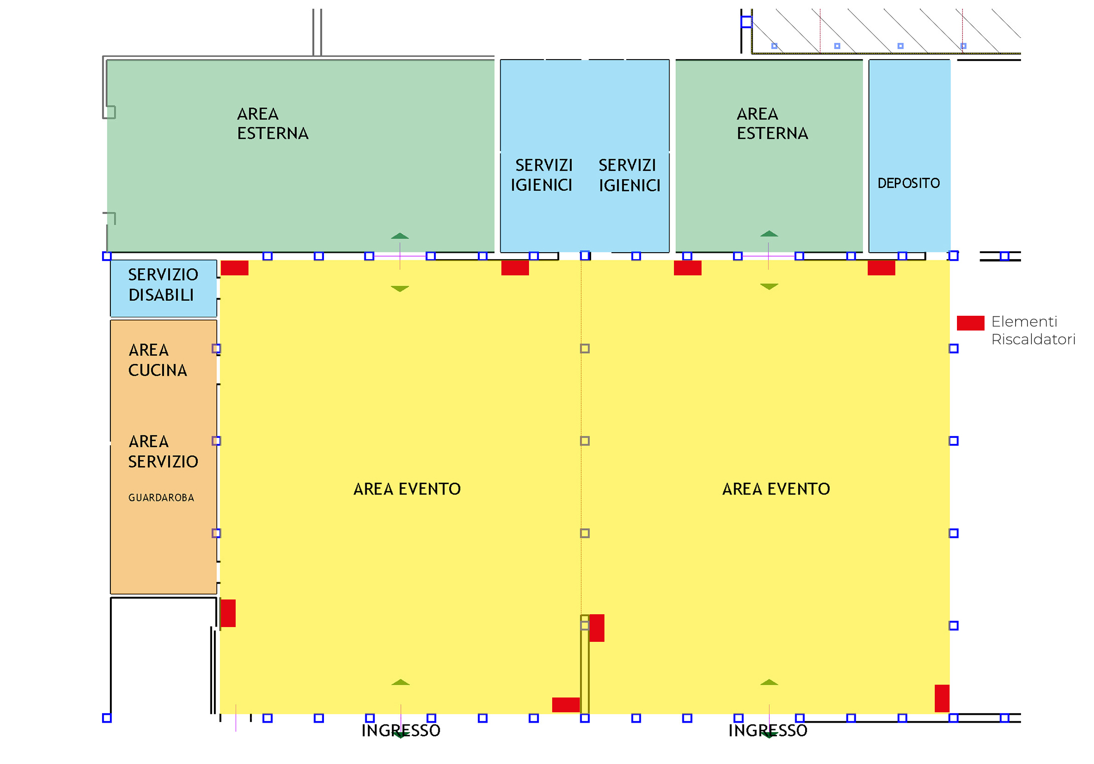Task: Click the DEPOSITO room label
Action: (x=908, y=183)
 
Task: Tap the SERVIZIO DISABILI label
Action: (x=163, y=285)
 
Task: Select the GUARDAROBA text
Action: (x=161, y=498)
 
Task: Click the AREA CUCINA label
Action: (x=157, y=360)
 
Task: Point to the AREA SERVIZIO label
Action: (x=163, y=451)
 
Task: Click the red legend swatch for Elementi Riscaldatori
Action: (x=970, y=323)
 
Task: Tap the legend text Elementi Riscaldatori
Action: (x=1033, y=331)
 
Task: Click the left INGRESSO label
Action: (x=401, y=731)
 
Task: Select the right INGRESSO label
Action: (x=768, y=731)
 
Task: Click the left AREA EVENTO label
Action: (x=407, y=489)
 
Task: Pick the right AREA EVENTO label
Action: (x=776, y=489)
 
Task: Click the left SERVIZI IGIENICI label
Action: (x=541, y=175)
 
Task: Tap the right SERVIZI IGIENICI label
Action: (x=629, y=175)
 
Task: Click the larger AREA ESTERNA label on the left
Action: (x=273, y=124)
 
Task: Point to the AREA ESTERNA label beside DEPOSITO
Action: (x=772, y=124)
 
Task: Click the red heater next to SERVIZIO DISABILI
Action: (x=234, y=268)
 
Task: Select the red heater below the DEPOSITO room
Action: (x=881, y=268)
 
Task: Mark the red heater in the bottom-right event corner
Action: (x=942, y=698)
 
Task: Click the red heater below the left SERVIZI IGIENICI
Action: (x=515, y=268)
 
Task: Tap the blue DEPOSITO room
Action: (x=909, y=156)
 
